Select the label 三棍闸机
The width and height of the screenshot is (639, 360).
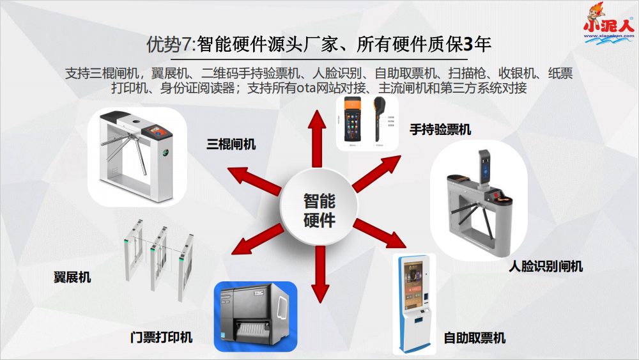point(231,145)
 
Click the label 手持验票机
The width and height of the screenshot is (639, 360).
point(440,130)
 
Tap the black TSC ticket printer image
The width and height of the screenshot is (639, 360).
point(255,317)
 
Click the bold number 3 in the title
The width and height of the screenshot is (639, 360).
point(468,44)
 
